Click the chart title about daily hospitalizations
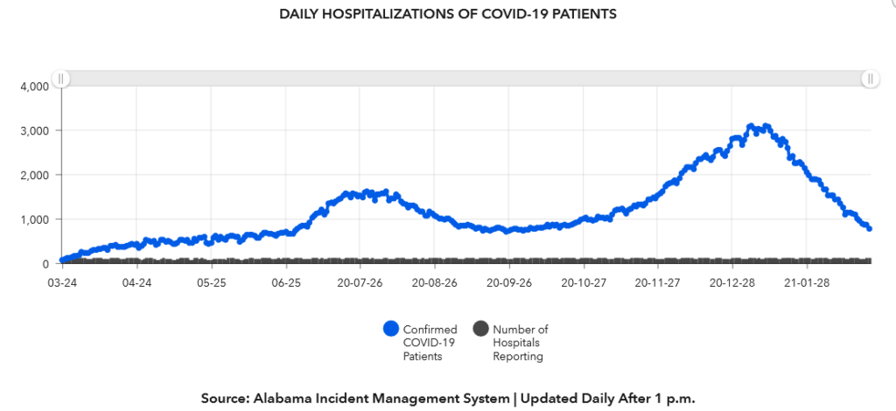[x=447, y=14]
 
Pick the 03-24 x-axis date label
[x=60, y=283]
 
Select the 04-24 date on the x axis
[x=136, y=283]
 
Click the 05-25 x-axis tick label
[x=211, y=283]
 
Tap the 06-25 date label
[x=286, y=283]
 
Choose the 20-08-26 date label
[x=435, y=283]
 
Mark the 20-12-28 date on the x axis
[x=733, y=283]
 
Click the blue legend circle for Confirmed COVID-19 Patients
[x=391, y=329]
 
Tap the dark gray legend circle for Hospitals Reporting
[x=480, y=329]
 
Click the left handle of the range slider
[x=60, y=79]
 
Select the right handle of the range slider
[x=870, y=79]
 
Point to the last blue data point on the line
[x=869, y=228]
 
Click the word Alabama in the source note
[x=281, y=398]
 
